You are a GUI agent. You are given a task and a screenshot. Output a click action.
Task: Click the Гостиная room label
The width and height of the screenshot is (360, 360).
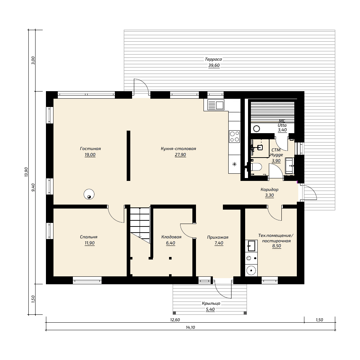point(90,149)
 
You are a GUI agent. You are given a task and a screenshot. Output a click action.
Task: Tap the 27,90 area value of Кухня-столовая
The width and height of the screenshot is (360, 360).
point(180,155)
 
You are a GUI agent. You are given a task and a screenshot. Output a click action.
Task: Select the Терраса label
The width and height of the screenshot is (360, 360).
point(213,59)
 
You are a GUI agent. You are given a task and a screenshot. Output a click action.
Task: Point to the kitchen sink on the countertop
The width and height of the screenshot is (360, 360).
point(215,105)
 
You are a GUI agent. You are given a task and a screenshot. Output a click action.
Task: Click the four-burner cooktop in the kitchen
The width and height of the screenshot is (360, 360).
point(234,136)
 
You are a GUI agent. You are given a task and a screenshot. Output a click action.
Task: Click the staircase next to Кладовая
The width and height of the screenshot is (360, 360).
point(140,225)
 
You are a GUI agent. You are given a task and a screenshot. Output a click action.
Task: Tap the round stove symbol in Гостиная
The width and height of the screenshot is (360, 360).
point(89,194)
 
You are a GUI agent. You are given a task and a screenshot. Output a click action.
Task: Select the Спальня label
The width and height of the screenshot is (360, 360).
point(89,237)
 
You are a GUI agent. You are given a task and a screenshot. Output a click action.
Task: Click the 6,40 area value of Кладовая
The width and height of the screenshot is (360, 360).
point(170,243)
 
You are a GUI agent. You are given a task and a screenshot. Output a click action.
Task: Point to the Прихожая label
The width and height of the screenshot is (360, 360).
point(218,237)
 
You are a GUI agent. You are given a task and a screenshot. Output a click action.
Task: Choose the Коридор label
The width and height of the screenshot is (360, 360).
point(269,190)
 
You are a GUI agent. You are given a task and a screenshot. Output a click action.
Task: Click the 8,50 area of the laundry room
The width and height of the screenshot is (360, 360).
point(276,246)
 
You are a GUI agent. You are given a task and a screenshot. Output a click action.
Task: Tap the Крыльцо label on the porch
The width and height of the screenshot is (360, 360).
point(211,303)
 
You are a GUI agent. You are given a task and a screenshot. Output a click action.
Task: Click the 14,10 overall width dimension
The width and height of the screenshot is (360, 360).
point(190,327)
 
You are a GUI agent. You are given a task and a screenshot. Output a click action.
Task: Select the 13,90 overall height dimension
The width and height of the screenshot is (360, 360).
point(26,172)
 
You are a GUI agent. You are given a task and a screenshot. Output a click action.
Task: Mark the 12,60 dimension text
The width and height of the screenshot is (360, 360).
point(175,320)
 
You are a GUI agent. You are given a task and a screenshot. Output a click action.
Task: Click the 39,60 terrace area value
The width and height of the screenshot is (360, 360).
point(214,65)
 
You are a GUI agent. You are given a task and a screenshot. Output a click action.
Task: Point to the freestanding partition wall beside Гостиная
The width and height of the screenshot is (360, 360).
point(128,156)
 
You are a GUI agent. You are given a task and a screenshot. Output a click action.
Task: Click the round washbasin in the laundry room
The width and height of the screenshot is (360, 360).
point(251,270)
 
